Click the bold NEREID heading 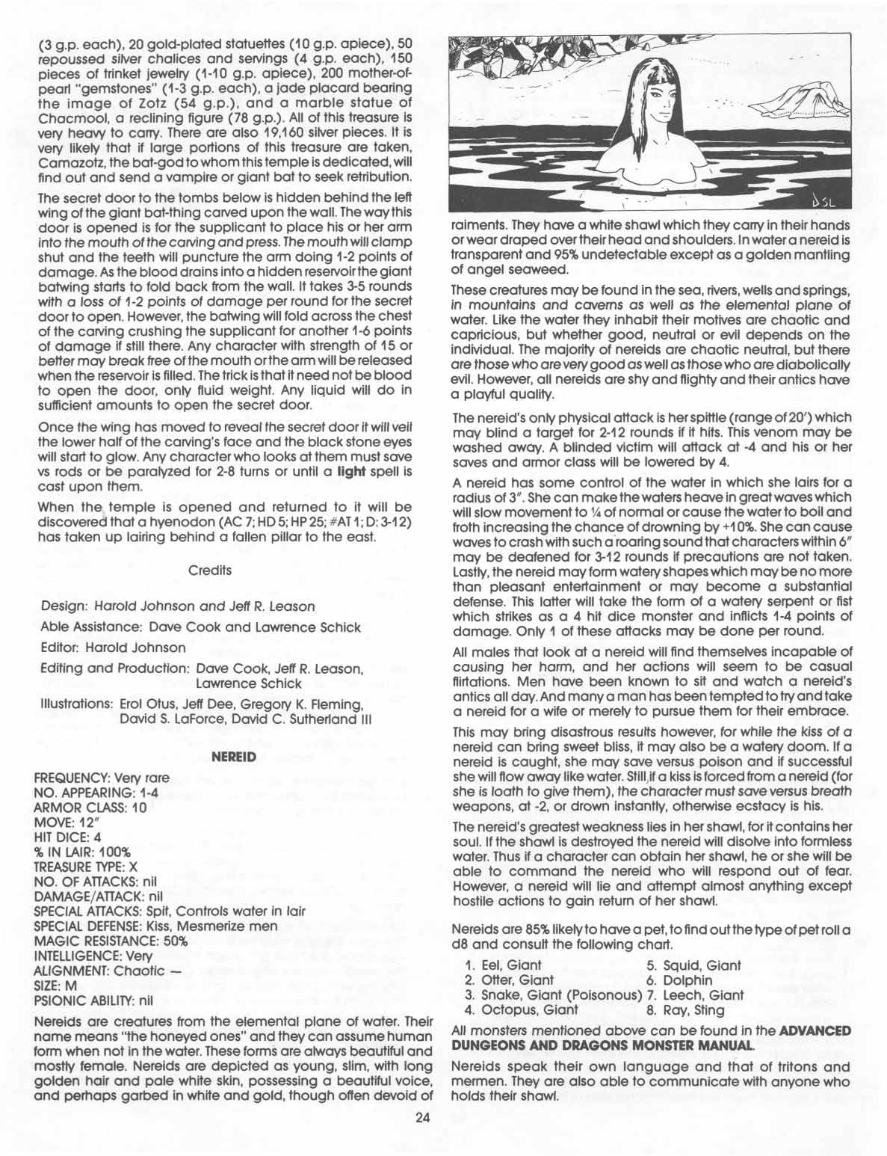pos(234,757)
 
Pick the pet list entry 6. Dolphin pos(679,980)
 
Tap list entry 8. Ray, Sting pos(684,1010)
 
